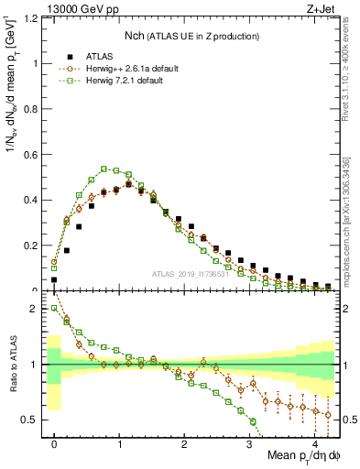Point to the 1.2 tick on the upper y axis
coord(34,18)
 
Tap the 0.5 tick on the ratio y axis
coord(34,420)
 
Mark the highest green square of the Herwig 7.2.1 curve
coord(104,169)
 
